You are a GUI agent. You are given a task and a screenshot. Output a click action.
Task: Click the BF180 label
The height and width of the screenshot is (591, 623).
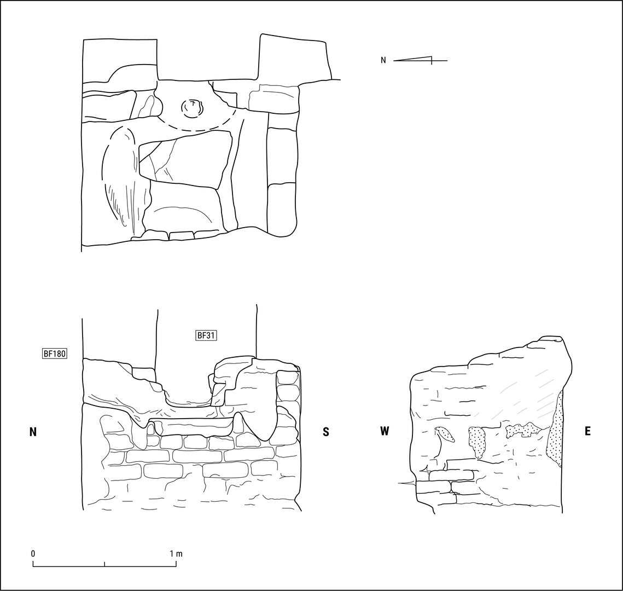pyautogui.click(x=55, y=354)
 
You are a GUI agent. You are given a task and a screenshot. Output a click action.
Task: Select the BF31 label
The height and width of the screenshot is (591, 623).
pyautogui.click(x=206, y=335)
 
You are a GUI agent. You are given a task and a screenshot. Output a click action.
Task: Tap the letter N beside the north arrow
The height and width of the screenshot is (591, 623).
pyautogui.click(x=383, y=60)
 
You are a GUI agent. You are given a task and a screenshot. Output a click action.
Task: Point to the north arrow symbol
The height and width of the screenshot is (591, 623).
pyautogui.click(x=421, y=60)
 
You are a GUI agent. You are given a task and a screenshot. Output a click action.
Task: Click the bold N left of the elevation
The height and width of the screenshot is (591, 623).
pyautogui.click(x=33, y=432)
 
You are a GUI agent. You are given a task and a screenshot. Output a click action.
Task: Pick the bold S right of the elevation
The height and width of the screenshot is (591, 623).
pyautogui.click(x=326, y=432)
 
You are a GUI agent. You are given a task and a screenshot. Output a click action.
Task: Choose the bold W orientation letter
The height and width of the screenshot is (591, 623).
pyautogui.click(x=384, y=431)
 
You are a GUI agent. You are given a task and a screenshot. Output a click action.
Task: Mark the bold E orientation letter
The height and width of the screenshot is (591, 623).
pyautogui.click(x=587, y=431)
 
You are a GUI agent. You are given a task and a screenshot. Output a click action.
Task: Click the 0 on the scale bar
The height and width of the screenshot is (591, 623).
pyautogui.click(x=33, y=554)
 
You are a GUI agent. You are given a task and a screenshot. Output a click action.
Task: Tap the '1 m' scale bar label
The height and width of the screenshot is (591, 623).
pyautogui.click(x=176, y=554)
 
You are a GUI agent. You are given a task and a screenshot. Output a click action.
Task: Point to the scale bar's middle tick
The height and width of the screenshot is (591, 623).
pyautogui.click(x=104, y=564)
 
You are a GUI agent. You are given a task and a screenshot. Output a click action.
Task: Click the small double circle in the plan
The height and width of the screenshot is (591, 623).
pyautogui.click(x=193, y=108)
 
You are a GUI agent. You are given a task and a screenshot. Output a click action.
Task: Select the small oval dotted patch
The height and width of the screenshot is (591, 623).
pyautogui.click(x=445, y=434)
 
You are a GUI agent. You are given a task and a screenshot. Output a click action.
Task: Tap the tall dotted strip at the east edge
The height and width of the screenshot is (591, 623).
pyautogui.click(x=555, y=429)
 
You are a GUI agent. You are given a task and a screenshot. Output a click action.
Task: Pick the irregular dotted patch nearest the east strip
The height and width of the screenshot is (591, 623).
pyautogui.click(x=523, y=430)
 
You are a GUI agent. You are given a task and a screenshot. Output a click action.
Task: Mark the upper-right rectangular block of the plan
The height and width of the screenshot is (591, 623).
pyautogui.click(x=295, y=57)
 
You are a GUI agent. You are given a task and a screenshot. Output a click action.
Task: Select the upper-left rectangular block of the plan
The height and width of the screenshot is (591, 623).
pyautogui.click(x=120, y=60)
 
